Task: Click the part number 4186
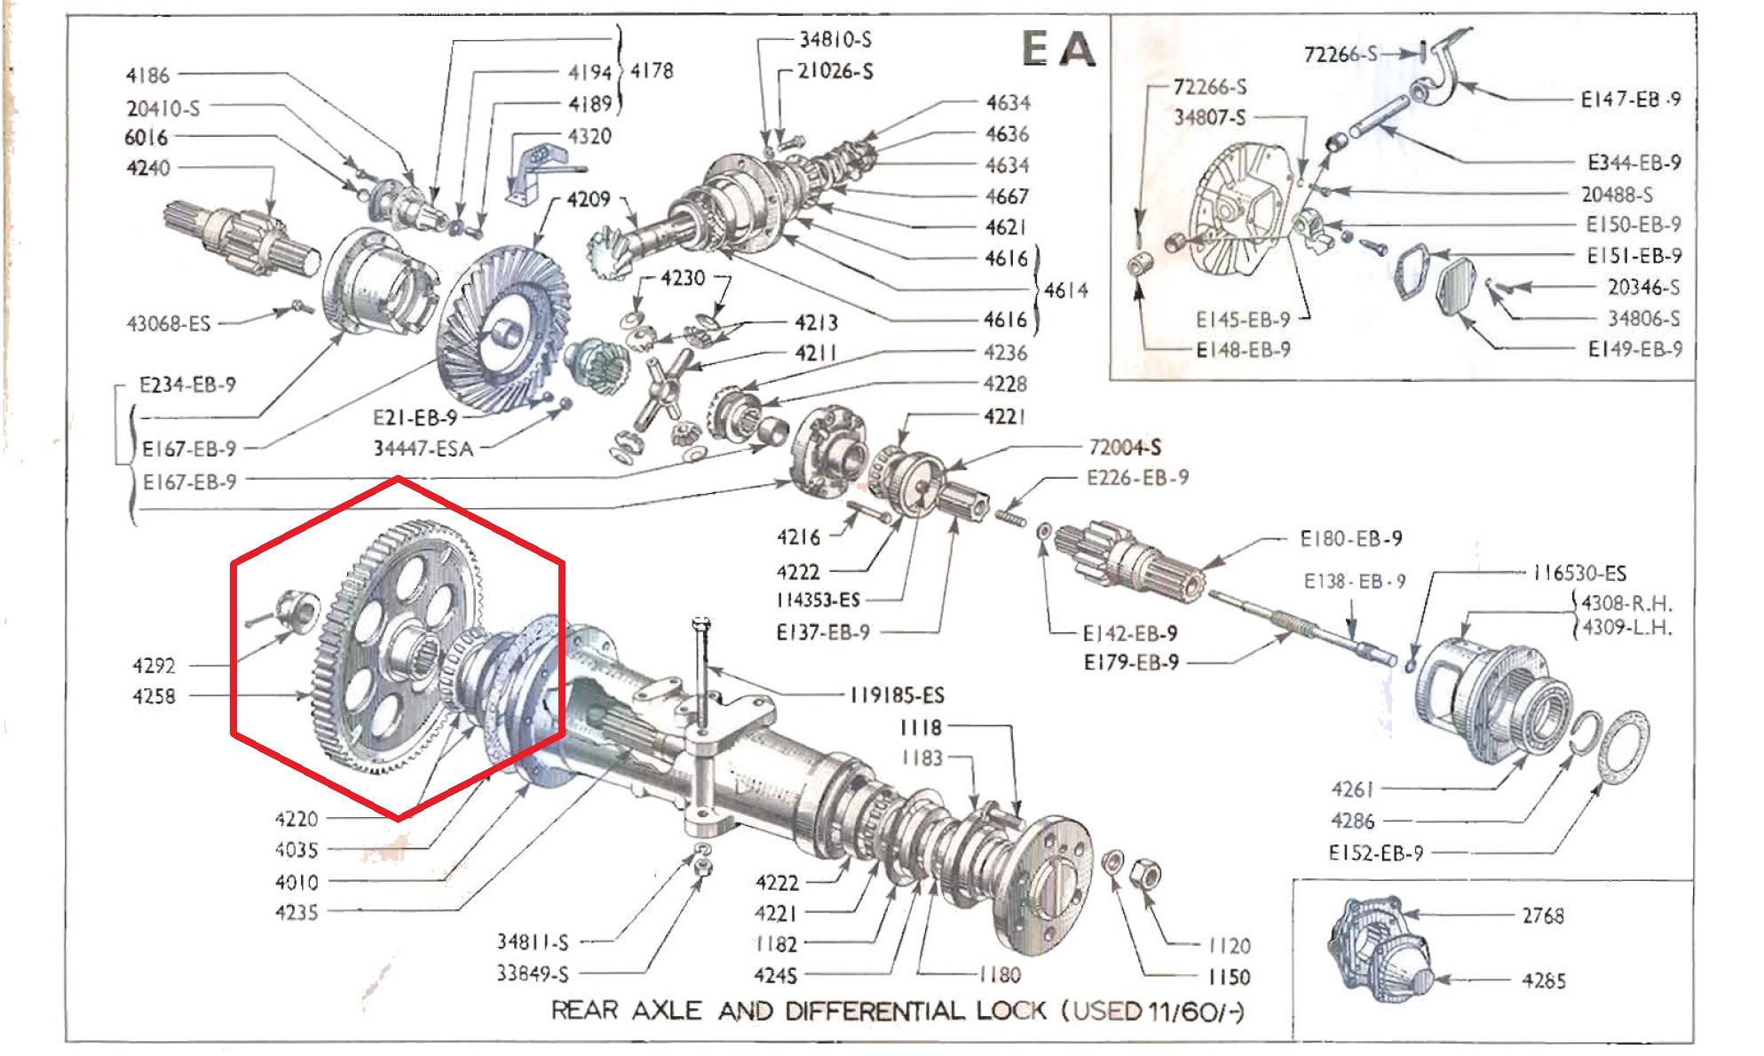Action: click(x=147, y=75)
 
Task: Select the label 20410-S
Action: click(x=163, y=108)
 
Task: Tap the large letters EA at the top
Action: click(x=1059, y=49)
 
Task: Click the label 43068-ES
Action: click(x=169, y=323)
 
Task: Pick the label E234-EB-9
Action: click(x=187, y=385)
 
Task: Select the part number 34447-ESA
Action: click(x=423, y=449)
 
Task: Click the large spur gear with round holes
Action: click(x=399, y=646)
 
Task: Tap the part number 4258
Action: click(x=154, y=696)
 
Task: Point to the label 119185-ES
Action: click(x=898, y=695)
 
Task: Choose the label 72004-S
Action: click(x=1125, y=447)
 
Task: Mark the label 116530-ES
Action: click(x=1580, y=573)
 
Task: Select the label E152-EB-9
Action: click(x=1376, y=853)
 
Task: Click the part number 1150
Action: click(x=1229, y=977)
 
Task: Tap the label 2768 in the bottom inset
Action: click(x=1543, y=916)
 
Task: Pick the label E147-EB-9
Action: click(x=1631, y=99)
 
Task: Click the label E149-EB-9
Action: click(x=1635, y=349)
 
